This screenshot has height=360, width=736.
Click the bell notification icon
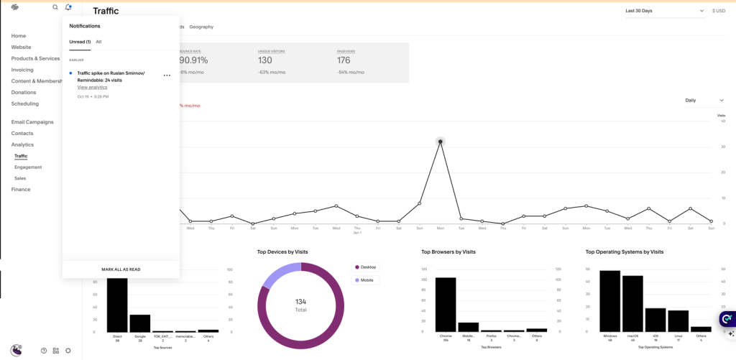68,7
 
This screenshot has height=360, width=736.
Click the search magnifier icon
55,7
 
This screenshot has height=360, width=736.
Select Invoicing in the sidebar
22,70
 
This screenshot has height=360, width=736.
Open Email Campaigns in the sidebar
32,122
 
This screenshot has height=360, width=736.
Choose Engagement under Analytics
28,167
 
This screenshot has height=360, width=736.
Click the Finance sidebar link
21,190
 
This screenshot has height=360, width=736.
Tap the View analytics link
92,87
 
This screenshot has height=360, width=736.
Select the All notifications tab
98,42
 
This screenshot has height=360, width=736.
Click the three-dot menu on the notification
167,75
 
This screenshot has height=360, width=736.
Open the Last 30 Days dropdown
664,11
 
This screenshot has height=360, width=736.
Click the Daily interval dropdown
704,101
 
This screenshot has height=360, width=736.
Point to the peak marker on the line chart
440,142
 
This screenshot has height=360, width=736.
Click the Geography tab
201,27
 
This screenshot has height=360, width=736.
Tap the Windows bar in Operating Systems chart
609,301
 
